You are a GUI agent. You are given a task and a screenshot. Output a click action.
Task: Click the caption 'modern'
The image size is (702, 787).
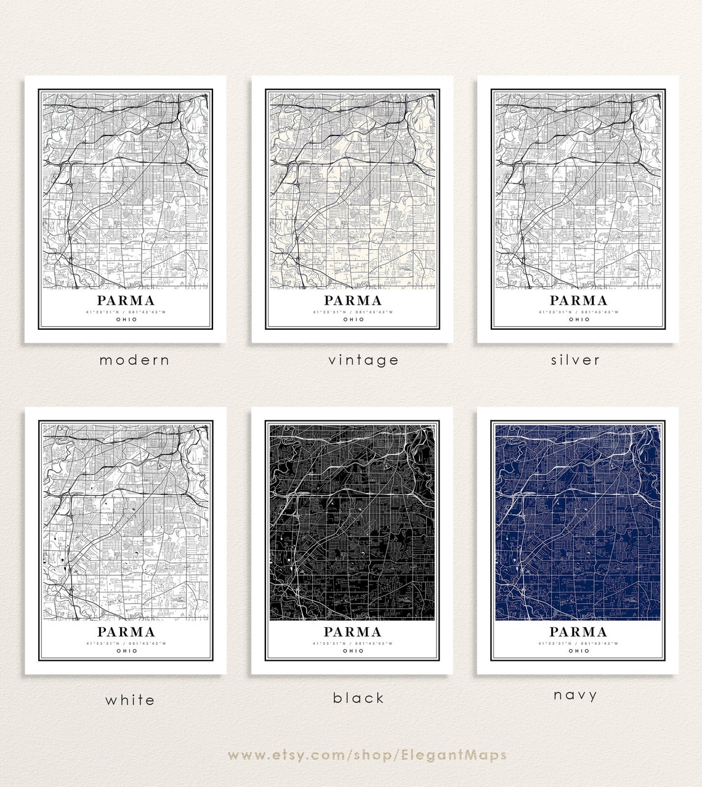click(134, 360)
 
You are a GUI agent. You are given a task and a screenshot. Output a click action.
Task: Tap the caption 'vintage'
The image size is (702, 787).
click(363, 360)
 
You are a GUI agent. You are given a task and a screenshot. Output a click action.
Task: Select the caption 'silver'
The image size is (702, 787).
click(575, 360)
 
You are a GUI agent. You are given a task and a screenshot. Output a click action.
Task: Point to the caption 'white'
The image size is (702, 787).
click(130, 700)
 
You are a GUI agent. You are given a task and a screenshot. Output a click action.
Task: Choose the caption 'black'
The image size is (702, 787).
click(358, 698)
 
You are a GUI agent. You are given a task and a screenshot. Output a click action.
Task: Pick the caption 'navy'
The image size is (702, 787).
click(575, 695)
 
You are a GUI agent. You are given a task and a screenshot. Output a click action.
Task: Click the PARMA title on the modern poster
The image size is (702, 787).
click(126, 301)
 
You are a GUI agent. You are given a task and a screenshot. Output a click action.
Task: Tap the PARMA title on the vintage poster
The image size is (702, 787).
click(353, 301)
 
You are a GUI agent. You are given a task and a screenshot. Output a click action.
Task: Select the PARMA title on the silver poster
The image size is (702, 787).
click(578, 301)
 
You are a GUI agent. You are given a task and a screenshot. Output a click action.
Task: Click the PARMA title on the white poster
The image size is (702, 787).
click(126, 632)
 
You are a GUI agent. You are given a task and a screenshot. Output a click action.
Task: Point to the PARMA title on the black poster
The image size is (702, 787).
click(353, 632)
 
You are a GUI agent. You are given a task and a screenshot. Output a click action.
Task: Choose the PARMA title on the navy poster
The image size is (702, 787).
click(578, 632)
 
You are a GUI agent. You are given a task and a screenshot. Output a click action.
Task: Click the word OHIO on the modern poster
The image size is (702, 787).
click(126, 319)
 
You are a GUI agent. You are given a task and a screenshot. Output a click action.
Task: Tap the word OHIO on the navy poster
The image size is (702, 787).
click(578, 650)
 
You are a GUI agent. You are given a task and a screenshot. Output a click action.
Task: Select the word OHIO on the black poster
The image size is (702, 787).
click(353, 650)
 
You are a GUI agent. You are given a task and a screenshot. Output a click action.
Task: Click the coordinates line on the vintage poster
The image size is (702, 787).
click(353, 312)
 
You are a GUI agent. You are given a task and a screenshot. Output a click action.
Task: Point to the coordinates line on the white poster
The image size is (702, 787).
click(126, 644)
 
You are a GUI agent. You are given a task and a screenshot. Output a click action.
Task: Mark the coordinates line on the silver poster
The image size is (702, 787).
click(578, 312)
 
